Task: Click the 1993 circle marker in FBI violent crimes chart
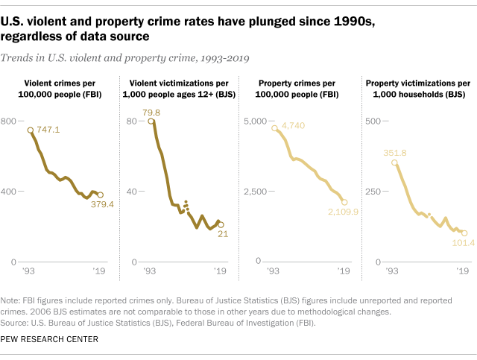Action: coord(31,130)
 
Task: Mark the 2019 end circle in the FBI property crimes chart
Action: coord(344,202)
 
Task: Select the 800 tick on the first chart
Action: coord(10,121)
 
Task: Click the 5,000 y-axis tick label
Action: coord(256,121)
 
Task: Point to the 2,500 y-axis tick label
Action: coord(256,192)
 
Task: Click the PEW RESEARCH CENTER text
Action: coord(50,339)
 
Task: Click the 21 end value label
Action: coord(222,235)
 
